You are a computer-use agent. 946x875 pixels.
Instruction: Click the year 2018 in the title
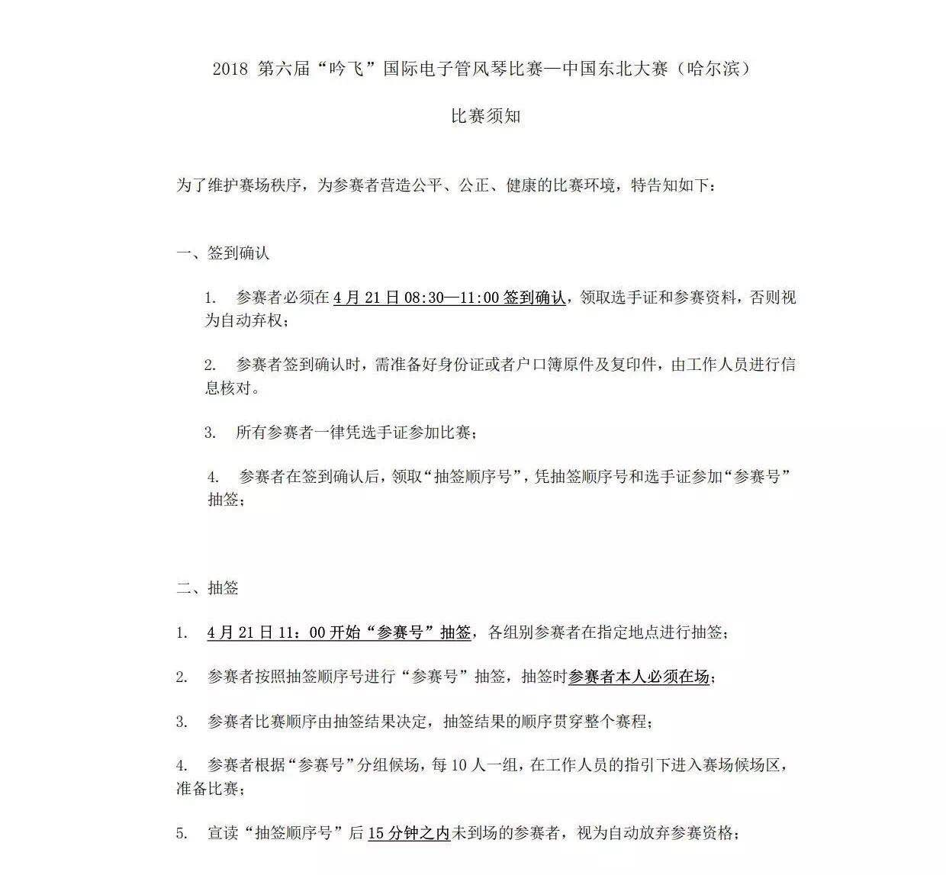coord(230,69)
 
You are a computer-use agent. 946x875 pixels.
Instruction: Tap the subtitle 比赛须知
coord(486,117)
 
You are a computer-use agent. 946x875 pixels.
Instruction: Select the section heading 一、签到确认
coord(223,253)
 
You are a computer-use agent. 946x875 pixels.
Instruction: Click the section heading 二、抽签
coord(208,587)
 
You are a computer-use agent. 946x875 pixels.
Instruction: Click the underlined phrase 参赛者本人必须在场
coord(639,677)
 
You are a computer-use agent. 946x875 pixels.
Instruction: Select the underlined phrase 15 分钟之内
coord(409,833)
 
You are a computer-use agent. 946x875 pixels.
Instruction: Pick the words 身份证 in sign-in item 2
coord(446,365)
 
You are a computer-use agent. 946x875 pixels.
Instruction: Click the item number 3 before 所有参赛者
coord(209,433)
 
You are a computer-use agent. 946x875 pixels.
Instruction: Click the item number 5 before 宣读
coord(182,833)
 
